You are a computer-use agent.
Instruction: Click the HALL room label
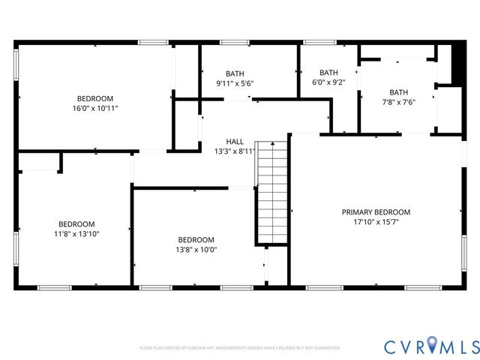point(235,141)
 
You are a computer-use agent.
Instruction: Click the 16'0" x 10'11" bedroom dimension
point(95,108)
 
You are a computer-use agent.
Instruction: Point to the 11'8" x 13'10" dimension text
point(76,234)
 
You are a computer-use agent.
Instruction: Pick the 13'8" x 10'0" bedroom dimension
point(196,250)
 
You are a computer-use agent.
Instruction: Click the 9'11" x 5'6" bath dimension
point(235,82)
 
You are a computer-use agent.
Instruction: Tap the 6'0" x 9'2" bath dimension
point(329,82)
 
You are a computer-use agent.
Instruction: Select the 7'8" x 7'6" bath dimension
point(398,103)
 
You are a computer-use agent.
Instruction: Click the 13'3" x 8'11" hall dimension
point(235,151)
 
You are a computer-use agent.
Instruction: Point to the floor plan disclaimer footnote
point(240,348)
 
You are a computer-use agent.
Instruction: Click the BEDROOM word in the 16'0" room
point(95,98)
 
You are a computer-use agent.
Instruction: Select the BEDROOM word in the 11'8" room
point(76,224)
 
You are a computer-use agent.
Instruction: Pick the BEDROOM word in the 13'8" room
point(196,240)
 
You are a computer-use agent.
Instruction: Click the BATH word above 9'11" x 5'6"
point(235,73)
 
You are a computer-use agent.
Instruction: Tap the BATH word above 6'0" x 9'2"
point(329,73)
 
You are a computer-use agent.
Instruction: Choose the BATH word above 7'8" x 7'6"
point(398,93)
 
